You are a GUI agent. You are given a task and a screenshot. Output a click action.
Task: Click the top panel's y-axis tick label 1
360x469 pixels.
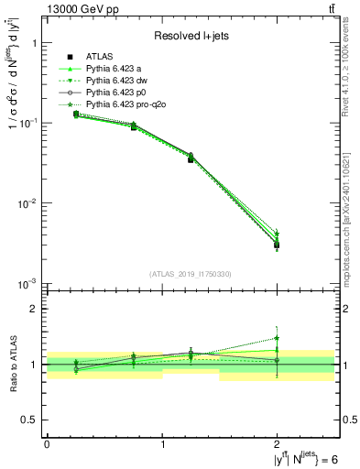tap(33, 43)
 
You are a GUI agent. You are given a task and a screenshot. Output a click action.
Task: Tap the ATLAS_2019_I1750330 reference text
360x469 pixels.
tap(190, 274)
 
